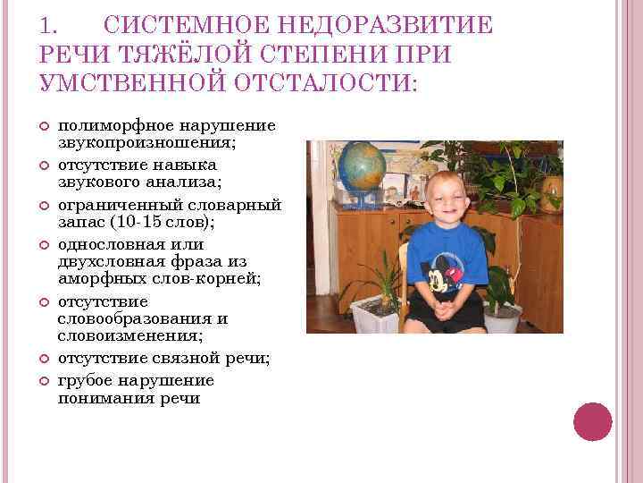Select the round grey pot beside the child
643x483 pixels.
(x=502, y=317)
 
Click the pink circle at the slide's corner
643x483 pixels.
(x=593, y=421)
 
